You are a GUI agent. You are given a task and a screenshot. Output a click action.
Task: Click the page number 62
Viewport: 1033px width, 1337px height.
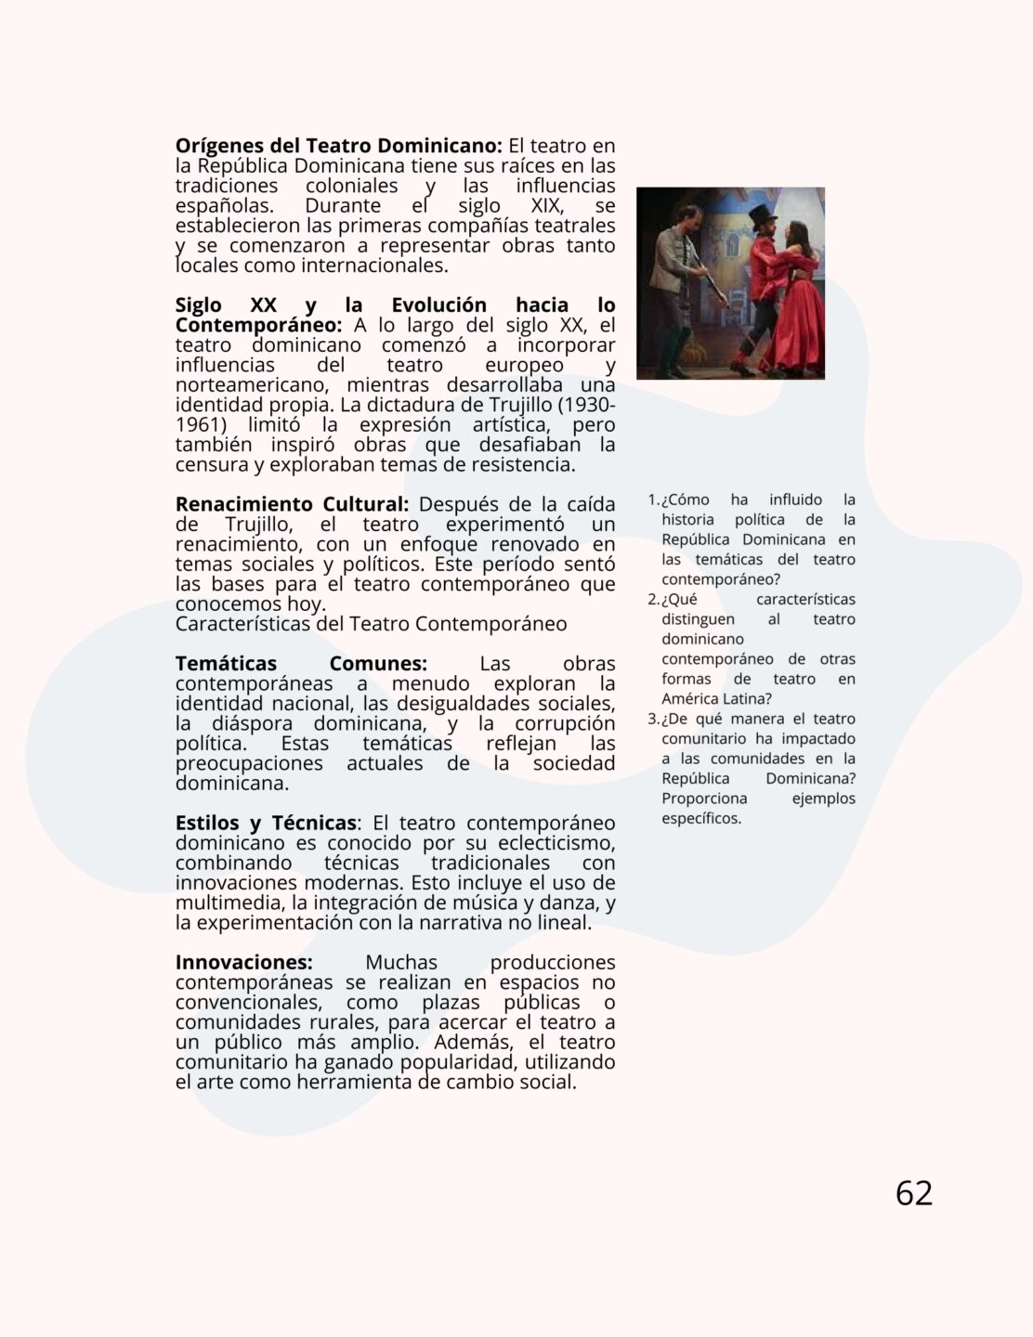point(913,1193)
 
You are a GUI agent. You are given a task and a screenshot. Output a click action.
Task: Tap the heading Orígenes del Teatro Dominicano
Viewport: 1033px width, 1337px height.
point(338,146)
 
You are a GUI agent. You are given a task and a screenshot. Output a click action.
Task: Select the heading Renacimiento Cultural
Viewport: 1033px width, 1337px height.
point(292,504)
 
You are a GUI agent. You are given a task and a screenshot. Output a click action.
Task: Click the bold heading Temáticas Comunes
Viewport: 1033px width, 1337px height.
point(301,664)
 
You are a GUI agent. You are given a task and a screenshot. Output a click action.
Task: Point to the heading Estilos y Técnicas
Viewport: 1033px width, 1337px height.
point(266,824)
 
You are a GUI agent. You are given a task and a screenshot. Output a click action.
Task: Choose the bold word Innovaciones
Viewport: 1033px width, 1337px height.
point(243,963)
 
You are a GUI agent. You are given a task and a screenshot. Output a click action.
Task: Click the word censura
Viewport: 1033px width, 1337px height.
point(211,465)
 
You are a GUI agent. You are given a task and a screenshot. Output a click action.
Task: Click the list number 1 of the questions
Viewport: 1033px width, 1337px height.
point(653,500)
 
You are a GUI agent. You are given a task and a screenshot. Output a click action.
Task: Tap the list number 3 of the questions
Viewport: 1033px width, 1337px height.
point(653,720)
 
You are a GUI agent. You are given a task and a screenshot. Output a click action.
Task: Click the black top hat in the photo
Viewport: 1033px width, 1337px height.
point(764,214)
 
